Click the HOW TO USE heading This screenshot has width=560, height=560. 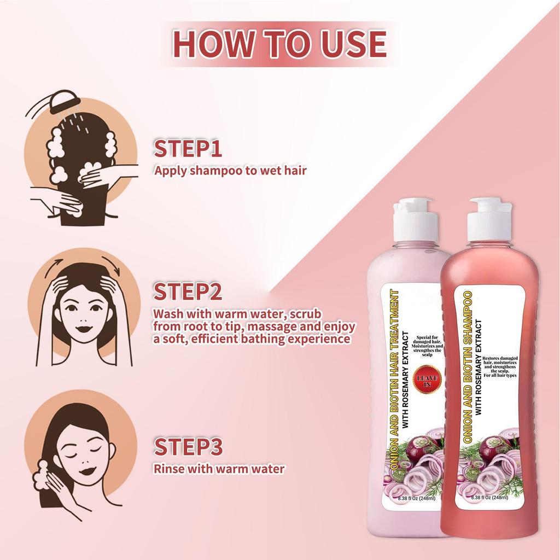coord(279,44)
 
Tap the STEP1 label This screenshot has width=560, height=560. coord(188,149)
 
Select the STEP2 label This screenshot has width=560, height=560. coord(188,292)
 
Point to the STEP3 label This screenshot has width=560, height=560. coord(188,446)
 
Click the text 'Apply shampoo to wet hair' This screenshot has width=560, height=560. coord(230,170)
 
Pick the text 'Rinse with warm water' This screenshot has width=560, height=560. coord(219,469)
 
